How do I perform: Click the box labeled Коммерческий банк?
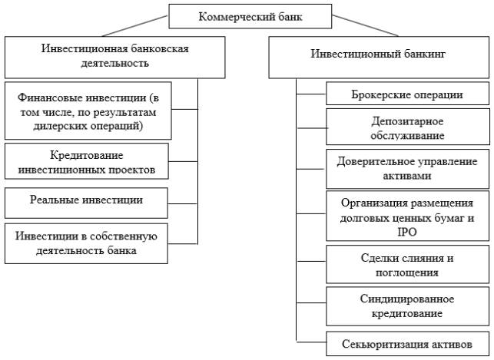point(250,16)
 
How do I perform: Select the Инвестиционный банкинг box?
point(379,57)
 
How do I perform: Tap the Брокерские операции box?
point(407,94)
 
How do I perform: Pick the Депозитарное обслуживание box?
point(408,127)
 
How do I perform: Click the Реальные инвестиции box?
point(86,203)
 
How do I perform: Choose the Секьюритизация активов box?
point(407,344)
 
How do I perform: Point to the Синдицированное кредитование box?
point(407,306)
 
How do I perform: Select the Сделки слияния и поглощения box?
point(407,264)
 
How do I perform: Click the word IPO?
point(407,233)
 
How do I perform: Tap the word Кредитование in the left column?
point(87,156)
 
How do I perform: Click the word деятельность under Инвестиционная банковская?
point(114,63)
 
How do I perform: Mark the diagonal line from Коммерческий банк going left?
point(135,26)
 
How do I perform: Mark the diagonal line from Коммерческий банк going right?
point(365,25)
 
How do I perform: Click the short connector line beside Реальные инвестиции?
point(183,203)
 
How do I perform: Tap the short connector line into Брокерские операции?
point(311,94)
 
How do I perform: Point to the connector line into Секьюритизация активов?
point(311,342)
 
